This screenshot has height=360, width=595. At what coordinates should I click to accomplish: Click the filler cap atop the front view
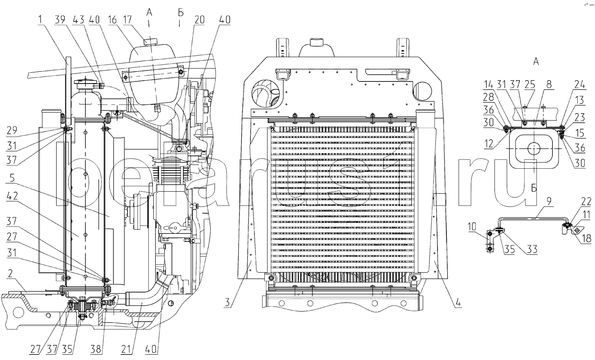click(x=317, y=42)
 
